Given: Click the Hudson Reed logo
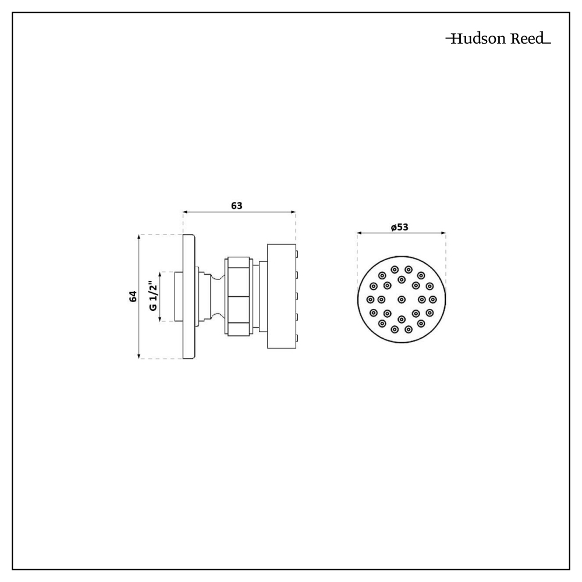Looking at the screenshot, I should [x=498, y=40].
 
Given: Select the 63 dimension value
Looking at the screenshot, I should [x=236, y=205].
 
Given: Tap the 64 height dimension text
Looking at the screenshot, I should [x=133, y=296].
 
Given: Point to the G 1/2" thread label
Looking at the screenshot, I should [x=153, y=296].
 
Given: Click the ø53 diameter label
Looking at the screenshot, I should [x=399, y=227].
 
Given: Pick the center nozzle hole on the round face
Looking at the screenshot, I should [x=402, y=299].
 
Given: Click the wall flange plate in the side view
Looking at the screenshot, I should [x=189, y=297].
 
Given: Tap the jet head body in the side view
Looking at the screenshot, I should [x=281, y=296].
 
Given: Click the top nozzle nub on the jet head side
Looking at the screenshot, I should [x=297, y=253].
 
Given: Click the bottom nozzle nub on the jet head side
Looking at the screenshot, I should [x=297, y=338].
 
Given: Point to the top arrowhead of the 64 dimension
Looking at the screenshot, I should [x=139, y=237].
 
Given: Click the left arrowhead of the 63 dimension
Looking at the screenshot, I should [x=186, y=212].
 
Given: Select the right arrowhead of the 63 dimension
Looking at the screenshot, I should [x=293, y=212].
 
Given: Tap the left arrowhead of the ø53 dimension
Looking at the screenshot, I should [x=360, y=233].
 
